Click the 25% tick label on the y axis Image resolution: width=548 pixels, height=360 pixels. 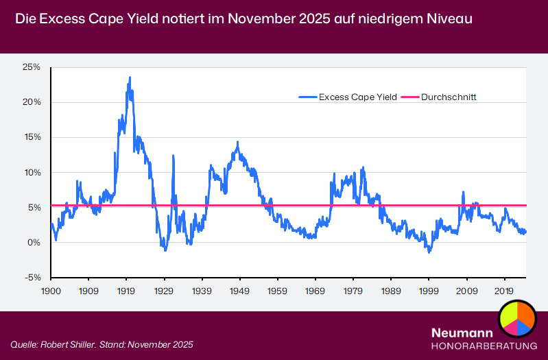(x=32, y=67)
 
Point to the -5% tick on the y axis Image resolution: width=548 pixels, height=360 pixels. (x=32, y=278)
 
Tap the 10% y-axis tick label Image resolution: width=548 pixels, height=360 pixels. (x=32, y=172)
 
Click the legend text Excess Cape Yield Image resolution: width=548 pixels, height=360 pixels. (x=357, y=97)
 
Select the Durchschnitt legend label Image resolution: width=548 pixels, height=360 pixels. (x=449, y=97)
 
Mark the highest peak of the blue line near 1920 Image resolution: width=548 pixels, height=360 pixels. (x=130, y=78)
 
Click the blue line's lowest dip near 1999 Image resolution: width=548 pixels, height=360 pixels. (x=429, y=252)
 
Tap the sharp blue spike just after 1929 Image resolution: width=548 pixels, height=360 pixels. (x=173, y=156)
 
